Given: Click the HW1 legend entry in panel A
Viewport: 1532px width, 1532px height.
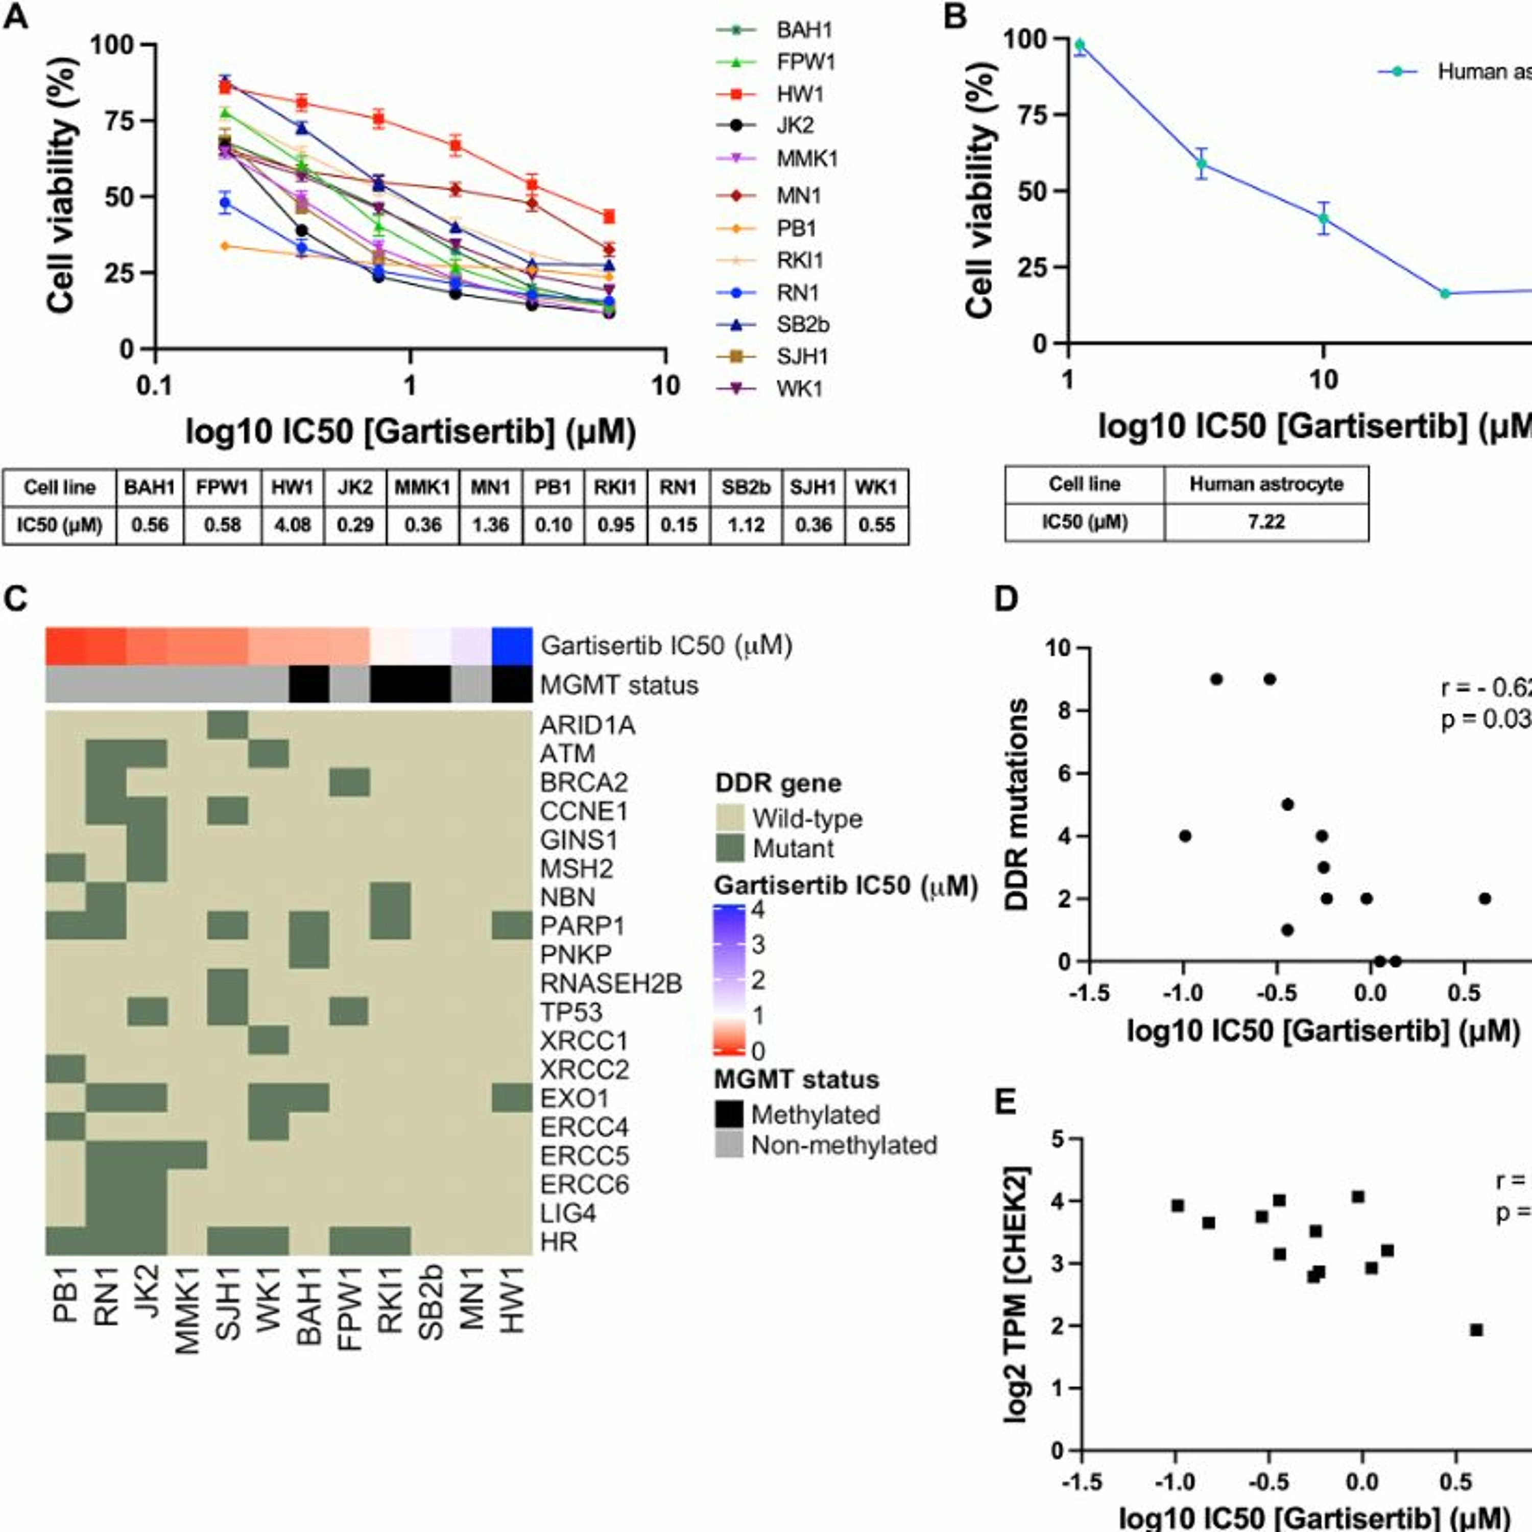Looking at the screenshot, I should [x=799, y=94].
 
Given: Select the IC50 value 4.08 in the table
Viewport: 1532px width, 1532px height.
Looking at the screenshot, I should [x=292, y=525].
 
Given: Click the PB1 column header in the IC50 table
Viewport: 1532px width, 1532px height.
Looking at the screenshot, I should [x=553, y=487].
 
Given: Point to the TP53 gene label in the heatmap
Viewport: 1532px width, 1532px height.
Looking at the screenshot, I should [x=571, y=1013].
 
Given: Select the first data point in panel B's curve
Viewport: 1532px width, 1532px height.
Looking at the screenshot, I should [x=1079, y=44].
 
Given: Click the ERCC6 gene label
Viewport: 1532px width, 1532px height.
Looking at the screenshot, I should [x=584, y=1185].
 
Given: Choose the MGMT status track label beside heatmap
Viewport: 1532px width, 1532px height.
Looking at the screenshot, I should [x=618, y=685].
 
